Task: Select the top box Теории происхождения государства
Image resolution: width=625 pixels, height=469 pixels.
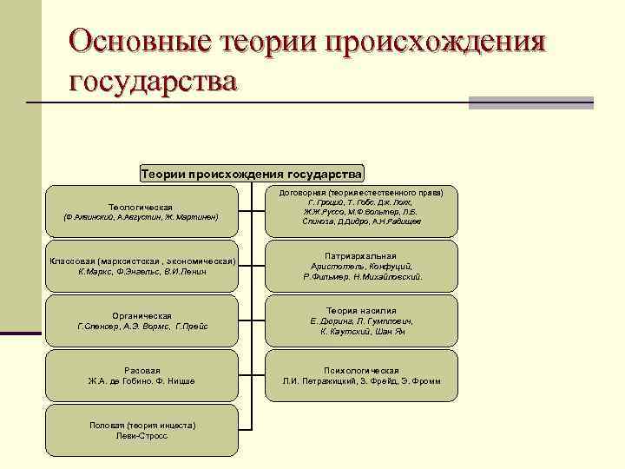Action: pos(252,174)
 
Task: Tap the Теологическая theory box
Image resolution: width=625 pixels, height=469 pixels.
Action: pos(141,210)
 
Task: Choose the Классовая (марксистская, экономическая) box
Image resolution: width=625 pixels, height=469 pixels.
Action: pos(141,266)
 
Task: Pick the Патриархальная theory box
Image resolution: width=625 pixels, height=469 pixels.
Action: pos(362,266)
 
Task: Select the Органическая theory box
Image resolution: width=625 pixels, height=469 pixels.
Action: pos(141,320)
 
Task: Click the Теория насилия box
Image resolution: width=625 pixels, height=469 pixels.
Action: pos(362,320)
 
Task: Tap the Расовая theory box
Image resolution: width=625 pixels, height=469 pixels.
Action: pos(141,375)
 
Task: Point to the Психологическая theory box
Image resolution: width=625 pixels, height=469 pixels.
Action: pos(362,375)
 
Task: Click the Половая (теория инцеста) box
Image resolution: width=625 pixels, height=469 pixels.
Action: pos(141,430)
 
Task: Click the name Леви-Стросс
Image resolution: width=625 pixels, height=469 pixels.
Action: pos(141,436)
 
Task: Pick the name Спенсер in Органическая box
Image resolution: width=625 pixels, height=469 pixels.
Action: pos(96,327)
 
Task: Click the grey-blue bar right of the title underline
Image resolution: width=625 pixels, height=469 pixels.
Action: pos(530,102)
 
